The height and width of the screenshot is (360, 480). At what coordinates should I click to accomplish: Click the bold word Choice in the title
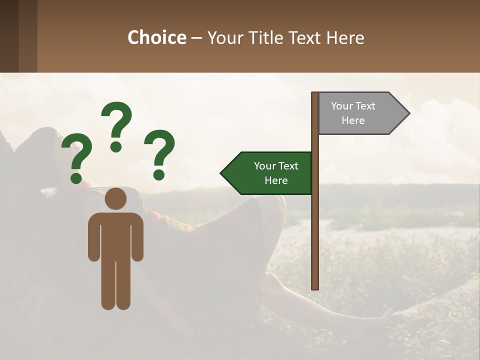tap(156, 37)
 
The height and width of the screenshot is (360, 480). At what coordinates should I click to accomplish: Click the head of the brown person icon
tap(116, 198)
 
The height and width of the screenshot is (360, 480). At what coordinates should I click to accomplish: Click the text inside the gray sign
tap(353, 113)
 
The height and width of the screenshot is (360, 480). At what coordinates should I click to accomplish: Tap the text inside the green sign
tap(276, 173)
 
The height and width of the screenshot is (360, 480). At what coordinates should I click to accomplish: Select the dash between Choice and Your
tap(196, 38)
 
